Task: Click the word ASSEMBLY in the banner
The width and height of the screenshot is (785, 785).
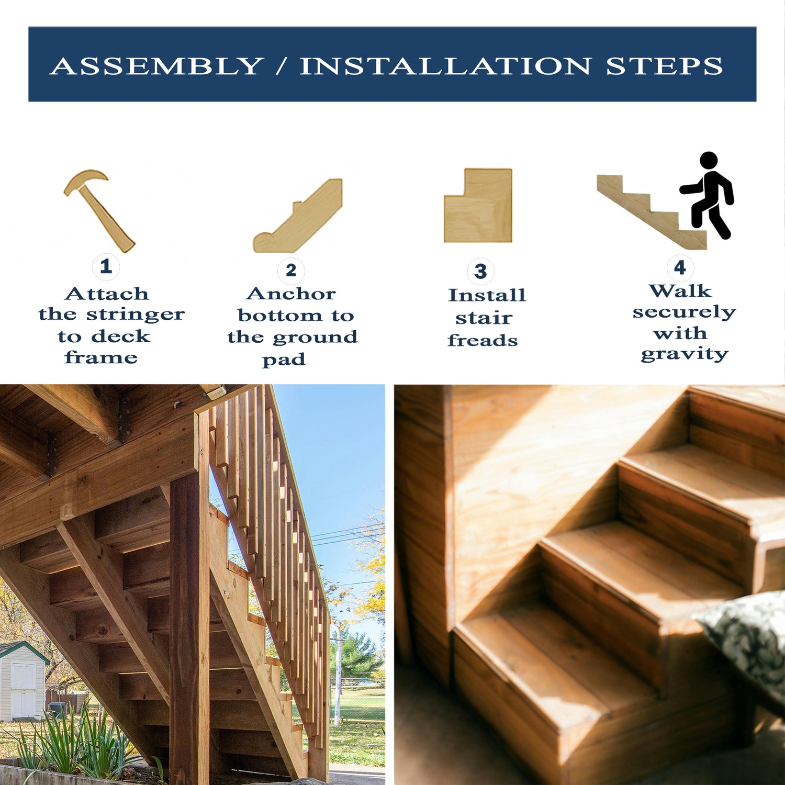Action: (156, 66)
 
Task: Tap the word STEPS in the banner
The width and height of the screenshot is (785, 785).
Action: (665, 66)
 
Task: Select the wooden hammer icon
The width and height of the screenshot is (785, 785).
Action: (99, 210)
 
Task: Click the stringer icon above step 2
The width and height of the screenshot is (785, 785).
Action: (298, 216)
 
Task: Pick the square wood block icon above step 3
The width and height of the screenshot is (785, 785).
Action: (478, 205)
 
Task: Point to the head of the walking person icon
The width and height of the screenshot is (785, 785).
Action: (709, 160)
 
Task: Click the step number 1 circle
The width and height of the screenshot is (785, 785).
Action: (106, 266)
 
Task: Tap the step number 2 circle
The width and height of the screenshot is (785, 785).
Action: (291, 270)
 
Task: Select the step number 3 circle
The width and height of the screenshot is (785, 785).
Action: (480, 271)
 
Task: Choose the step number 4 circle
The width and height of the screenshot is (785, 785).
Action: (680, 267)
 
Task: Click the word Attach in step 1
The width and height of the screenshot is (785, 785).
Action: (107, 294)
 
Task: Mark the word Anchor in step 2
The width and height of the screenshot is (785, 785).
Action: (291, 294)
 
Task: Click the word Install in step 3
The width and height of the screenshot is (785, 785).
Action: (487, 295)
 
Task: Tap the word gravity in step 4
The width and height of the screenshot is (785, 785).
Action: (685, 354)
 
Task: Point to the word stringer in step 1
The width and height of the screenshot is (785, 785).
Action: (135, 315)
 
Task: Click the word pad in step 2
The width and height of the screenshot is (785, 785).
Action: (284, 360)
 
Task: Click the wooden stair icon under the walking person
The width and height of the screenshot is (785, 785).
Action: (652, 211)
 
